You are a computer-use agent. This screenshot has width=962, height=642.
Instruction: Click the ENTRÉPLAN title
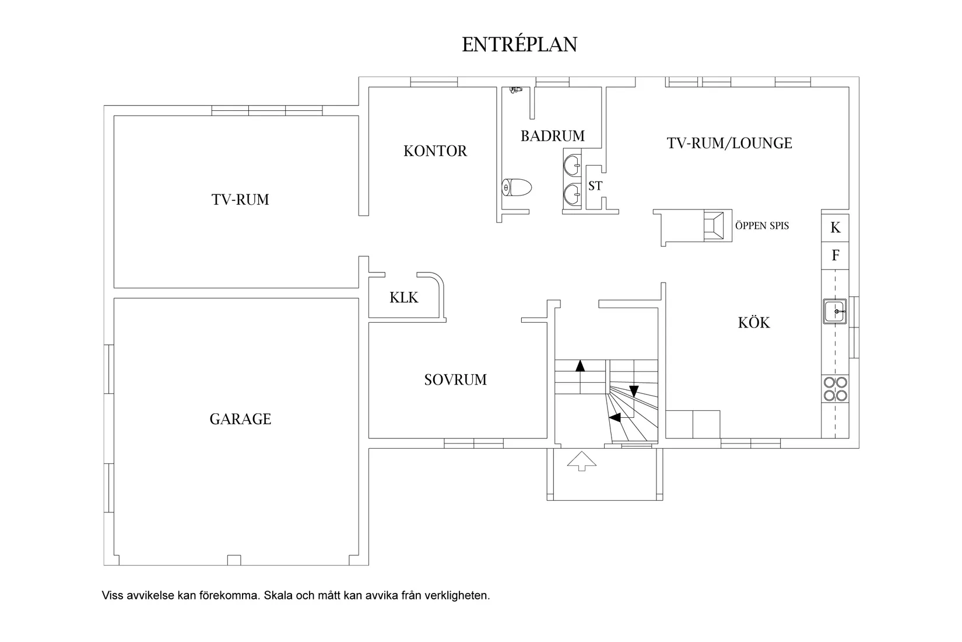pos(519,44)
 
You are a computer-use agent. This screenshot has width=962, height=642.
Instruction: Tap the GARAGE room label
pos(240,419)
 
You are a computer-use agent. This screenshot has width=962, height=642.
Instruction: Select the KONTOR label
pos(435,151)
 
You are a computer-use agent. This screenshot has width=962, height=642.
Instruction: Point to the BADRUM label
pos(553,136)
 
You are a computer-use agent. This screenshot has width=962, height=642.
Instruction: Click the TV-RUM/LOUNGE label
pos(729,143)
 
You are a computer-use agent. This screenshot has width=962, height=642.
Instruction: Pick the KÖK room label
pos(754,322)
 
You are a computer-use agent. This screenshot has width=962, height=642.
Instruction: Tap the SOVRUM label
pos(455,380)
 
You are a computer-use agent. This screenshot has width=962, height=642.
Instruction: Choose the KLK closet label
pos(403,298)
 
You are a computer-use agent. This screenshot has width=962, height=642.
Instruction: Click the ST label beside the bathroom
pos(595,186)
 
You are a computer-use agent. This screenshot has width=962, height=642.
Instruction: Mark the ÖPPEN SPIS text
pos(762,226)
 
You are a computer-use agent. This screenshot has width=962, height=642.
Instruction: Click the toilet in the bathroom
pos(517,187)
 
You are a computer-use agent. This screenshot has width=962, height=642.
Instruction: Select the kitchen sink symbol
pos(835,311)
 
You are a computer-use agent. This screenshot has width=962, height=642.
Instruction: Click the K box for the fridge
pos(835,228)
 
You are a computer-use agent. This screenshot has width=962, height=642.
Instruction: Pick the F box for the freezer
pos(835,256)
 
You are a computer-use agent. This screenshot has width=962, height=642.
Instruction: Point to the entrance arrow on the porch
pos(582,461)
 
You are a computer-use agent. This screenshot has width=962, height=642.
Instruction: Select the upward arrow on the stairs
pos(580,366)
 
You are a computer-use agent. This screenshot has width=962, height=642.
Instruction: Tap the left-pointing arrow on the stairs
pos(615,417)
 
